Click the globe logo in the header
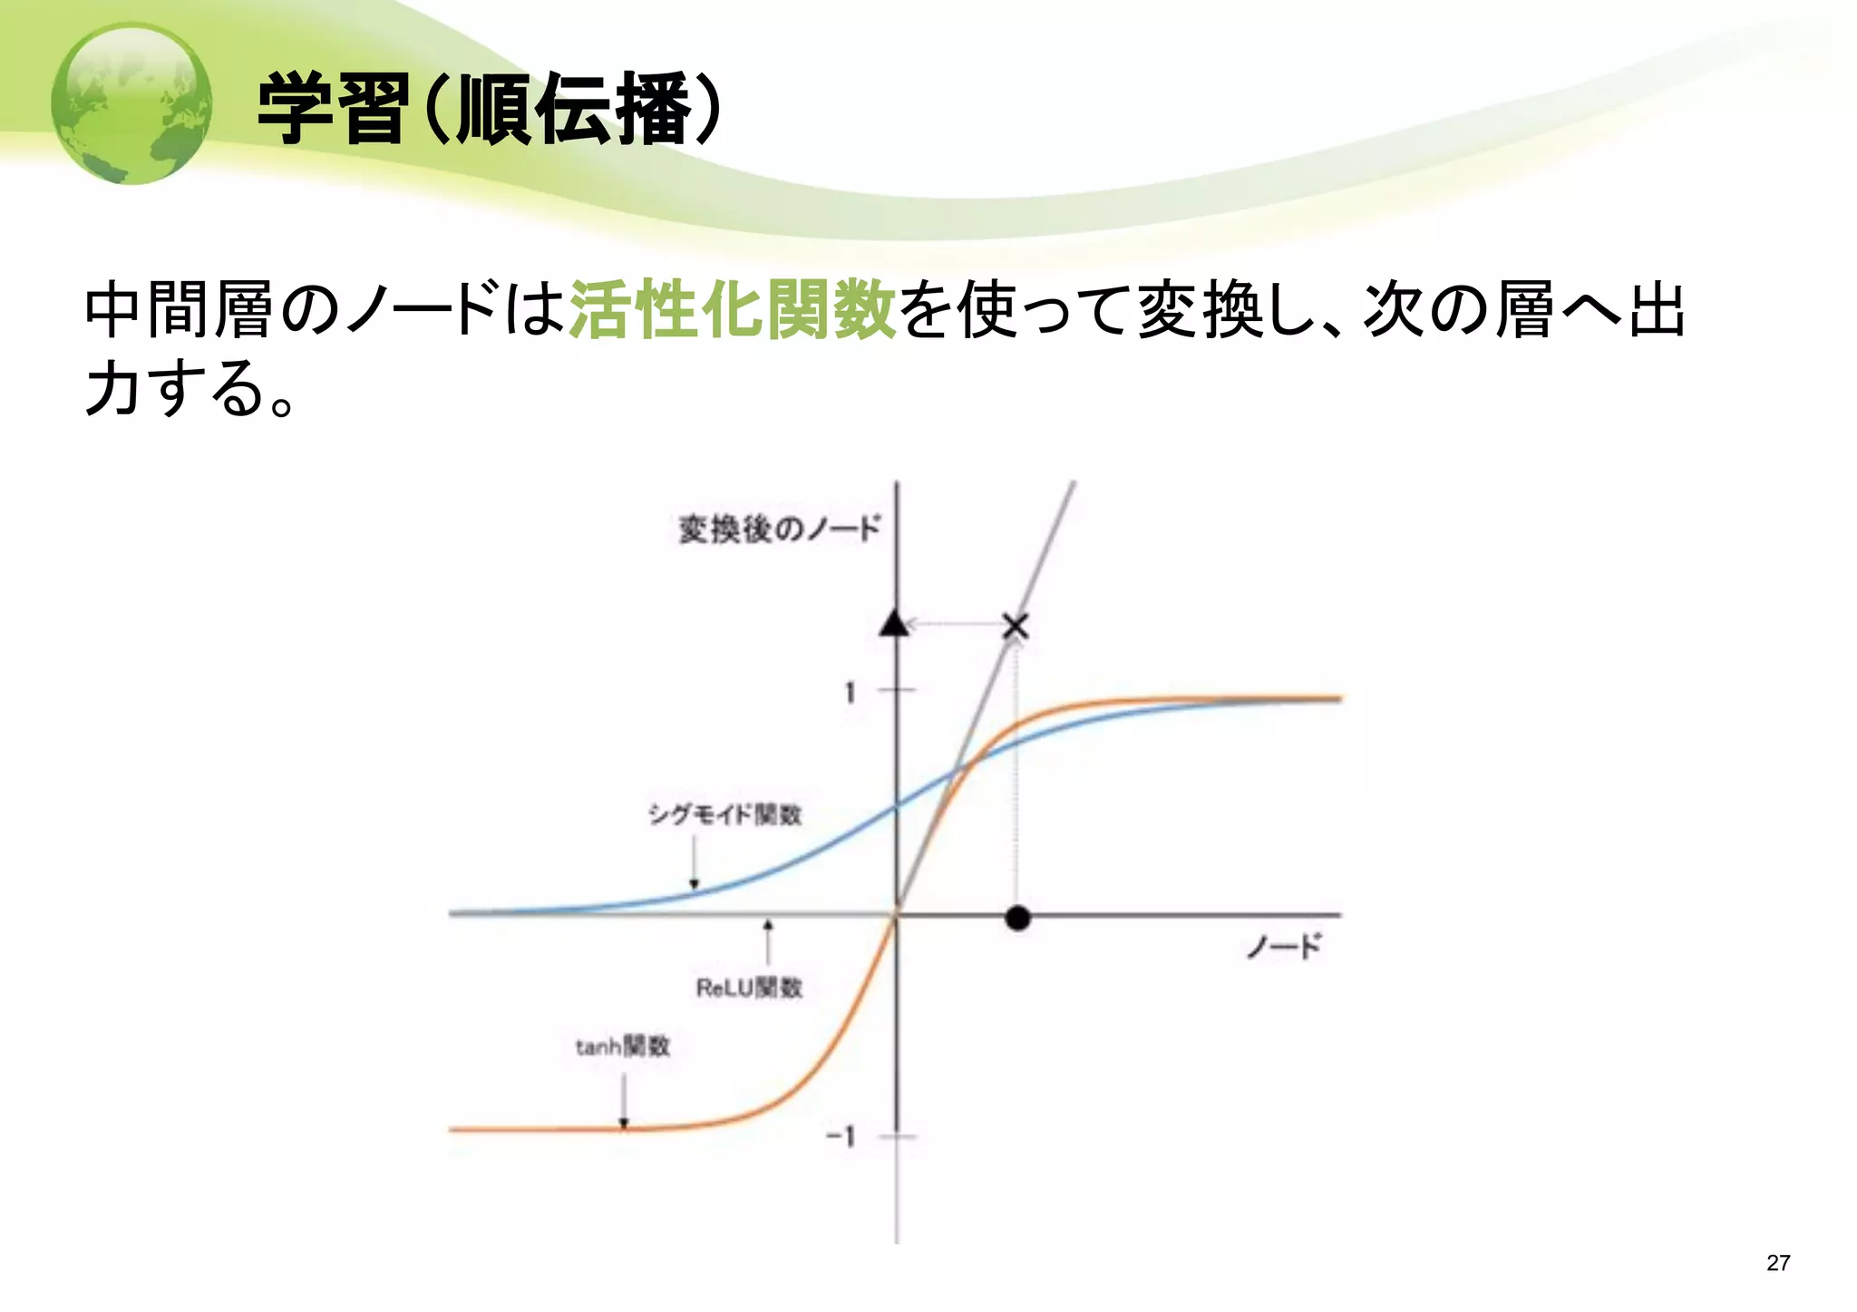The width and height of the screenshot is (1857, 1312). [x=131, y=103]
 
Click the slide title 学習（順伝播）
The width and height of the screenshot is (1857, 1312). [x=491, y=110]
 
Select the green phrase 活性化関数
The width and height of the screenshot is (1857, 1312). [x=733, y=310]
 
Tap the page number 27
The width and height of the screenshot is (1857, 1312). [x=1778, y=1263]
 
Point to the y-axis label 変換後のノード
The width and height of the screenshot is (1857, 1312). [x=779, y=529]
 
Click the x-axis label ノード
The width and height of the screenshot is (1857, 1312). [x=1284, y=948]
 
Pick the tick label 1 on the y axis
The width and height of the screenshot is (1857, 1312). [x=850, y=693]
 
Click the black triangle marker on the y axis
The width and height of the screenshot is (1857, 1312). [x=894, y=624]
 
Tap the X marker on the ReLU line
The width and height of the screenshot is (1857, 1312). [x=1016, y=626]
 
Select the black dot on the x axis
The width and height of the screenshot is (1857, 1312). [x=1017, y=918]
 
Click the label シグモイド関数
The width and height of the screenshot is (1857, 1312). [x=725, y=814]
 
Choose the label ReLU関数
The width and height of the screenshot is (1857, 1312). [x=749, y=987]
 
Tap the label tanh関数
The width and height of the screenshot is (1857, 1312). [x=623, y=1047]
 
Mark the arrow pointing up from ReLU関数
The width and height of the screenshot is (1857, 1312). [x=768, y=942]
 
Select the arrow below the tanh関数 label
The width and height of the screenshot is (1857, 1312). [x=624, y=1101]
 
